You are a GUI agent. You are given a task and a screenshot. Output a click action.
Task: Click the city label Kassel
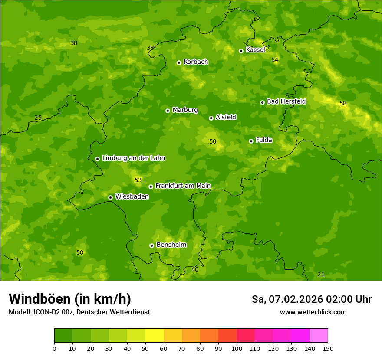pyautogui.click(x=255, y=50)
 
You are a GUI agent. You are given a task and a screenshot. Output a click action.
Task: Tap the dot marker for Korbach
pyautogui.click(x=179, y=62)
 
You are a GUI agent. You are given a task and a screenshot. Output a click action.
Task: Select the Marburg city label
pyautogui.click(x=185, y=110)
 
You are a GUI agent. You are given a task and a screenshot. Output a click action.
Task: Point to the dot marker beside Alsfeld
pyautogui.click(x=211, y=118)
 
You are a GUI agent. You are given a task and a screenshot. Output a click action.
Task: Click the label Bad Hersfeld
pyautogui.click(x=286, y=101)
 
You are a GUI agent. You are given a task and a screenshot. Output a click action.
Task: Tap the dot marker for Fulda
pyautogui.click(x=251, y=141)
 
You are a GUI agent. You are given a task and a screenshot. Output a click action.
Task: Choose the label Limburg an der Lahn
pyautogui.click(x=133, y=158)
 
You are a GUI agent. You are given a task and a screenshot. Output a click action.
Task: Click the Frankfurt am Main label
pyautogui.click(x=183, y=186)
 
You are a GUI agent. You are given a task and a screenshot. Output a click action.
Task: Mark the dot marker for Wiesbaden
pyautogui.click(x=110, y=197)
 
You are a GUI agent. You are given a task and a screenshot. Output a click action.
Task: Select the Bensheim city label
pyautogui.click(x=171, y=245)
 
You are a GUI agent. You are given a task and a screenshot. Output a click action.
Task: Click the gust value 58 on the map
pyautogui.click(x=343, y=104)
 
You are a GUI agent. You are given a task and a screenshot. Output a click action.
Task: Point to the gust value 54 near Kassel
pyautogui.click(x=275, y=60)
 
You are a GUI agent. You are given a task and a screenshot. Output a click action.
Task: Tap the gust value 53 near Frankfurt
pyautogui.click(x=138, y=180)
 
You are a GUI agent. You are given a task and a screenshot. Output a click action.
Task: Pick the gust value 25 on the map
pyautogui.click(x=38, y=118)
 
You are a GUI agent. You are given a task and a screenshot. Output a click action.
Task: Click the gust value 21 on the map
pyautogui.click(x=321, y=275)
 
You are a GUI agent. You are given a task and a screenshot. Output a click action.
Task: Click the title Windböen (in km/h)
pyautogui.click(x=70, y=299)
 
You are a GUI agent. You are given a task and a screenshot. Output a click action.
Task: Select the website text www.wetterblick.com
pyautogui.click(x=313, y=312)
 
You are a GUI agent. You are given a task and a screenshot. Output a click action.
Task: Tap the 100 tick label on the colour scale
pyautogui.click(x=237, y=348)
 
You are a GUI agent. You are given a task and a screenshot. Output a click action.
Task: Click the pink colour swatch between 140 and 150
pyautogui.click(x=319, y=336)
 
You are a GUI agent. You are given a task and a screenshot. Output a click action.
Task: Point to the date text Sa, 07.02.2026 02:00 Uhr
pyautogui.click(x=311, y=299)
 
